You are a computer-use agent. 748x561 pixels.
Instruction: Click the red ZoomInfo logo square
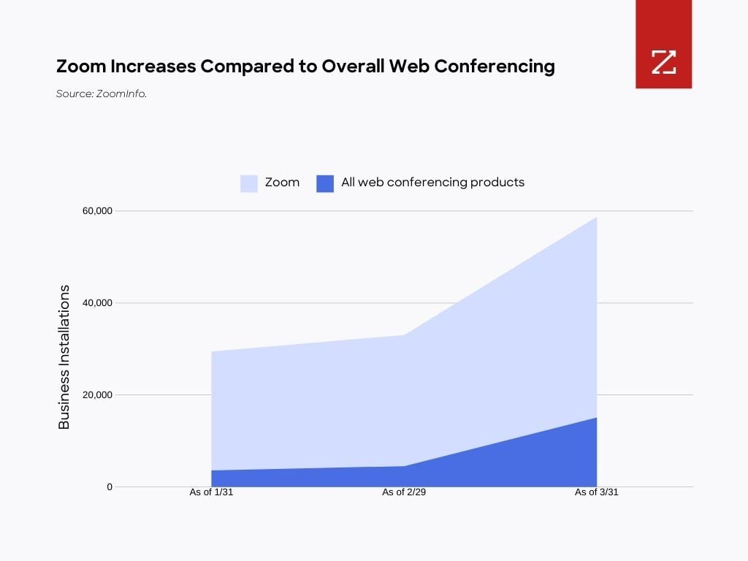[x=663, y=45]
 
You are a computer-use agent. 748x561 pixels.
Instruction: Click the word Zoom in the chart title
[x=81, y=66]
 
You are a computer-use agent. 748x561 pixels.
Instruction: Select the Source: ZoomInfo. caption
[x=102, y=93]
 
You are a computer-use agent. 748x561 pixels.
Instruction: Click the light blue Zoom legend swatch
[x=249, y=183]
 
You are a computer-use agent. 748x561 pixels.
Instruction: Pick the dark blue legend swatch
[x=325, y=183]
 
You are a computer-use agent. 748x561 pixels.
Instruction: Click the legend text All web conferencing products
[x=432, y=183]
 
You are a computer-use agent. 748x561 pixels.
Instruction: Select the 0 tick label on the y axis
[x=110, y=486]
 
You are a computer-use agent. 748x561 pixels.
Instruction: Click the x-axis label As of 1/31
[x=211, y=492]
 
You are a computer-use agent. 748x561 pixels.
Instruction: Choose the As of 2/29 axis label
[x=404, y=492]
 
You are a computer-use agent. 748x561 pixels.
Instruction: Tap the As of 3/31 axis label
[x=597, y=492]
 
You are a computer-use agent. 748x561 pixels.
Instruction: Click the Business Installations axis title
[x=64, y=356]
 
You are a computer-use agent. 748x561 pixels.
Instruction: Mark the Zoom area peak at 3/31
[x=596, y=218]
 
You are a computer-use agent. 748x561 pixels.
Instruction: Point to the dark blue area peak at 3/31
[x=596, y=418]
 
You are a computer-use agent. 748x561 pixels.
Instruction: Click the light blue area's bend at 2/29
[x=404, y=335]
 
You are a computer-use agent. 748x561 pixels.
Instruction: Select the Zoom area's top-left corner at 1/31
[x=212, y=352]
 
